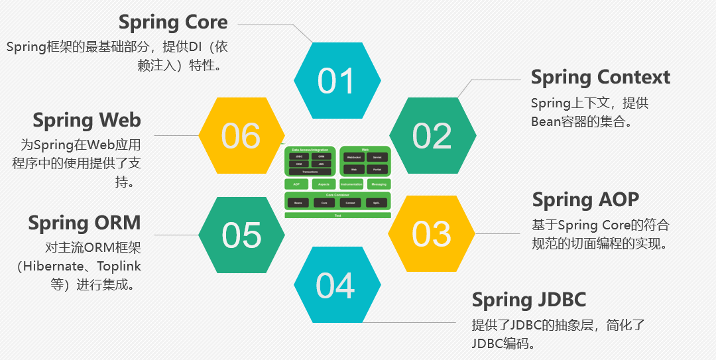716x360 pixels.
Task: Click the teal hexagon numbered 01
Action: (x=337, y=81)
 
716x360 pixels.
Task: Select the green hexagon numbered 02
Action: (x=432, y=135)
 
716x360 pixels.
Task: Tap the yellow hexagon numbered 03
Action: (x=432, y=233)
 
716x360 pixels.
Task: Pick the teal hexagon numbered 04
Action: (x=337, y=285)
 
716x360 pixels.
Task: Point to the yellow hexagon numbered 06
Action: (x=242, y=135)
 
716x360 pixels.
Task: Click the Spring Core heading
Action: (x=173, y=22)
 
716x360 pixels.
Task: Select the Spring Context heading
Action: (x=601, y=77)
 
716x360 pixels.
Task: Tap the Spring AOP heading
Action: (x=585, y=200)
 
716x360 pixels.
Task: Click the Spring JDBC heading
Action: (x=528, y=300)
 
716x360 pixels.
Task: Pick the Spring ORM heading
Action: (x=84, y=223)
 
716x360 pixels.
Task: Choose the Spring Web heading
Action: (x=87, y=120)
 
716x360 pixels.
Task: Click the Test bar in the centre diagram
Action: (x=337, y=215)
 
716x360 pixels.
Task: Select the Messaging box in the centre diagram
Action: (x=379, y=184)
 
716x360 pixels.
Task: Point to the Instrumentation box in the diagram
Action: (x=351, y=184)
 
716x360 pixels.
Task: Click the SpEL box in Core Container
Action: (x=377, y=202)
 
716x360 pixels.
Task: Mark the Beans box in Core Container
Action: (x=298, y=202)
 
